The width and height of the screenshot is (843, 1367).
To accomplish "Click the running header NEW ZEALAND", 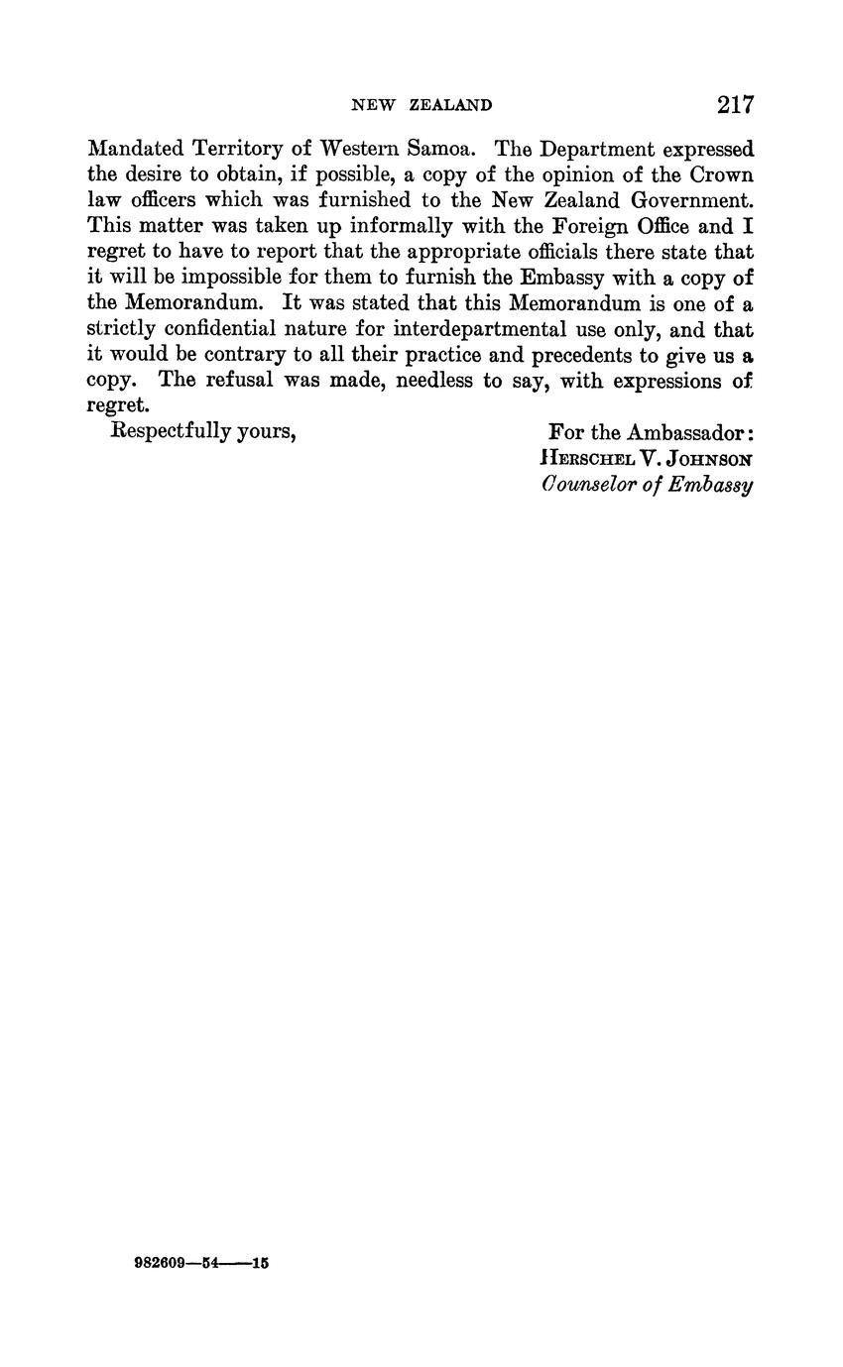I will click(421, 105).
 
